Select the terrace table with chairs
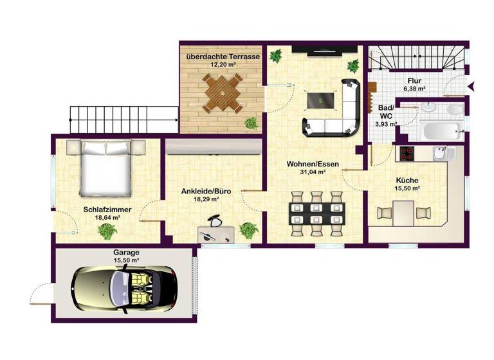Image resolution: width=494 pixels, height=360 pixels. click(x=223, y=94)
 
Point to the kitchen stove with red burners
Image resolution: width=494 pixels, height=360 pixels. click(x=407, y=153)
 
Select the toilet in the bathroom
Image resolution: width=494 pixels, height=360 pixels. click(x=453, y=110)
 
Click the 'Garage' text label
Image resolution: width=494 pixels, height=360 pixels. click(x=127, y=253)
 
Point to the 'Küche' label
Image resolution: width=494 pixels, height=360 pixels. click(x=408, y=180)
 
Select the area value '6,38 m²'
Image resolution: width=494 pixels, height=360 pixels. click(x=414, y=89)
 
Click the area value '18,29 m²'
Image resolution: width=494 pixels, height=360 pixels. click(x=206, y=199)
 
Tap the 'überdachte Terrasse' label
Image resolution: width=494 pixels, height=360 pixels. click(x=223, y=57)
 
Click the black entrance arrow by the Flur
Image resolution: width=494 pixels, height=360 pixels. click(x=473, y=85)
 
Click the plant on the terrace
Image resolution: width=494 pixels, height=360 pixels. click(x=251, y=122)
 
